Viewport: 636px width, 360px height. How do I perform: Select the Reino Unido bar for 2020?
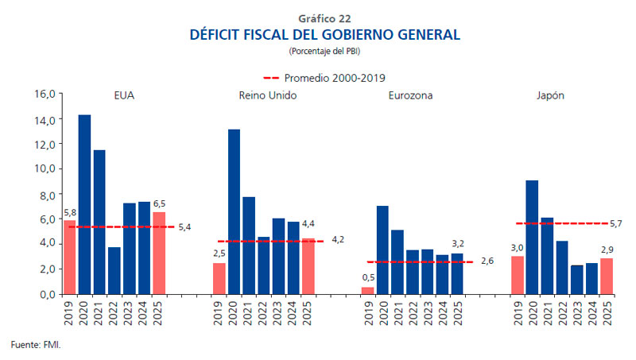234,211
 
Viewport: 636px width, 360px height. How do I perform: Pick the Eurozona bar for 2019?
367,290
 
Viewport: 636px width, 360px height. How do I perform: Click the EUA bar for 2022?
114,270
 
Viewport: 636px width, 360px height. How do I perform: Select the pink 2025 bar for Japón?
607,276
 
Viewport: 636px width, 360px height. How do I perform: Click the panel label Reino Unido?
268,95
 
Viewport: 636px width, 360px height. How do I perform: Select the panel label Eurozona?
410,95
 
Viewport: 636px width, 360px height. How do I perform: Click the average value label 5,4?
184,227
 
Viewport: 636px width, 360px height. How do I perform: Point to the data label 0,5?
367,277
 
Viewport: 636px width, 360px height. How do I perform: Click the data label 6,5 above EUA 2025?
159,203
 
